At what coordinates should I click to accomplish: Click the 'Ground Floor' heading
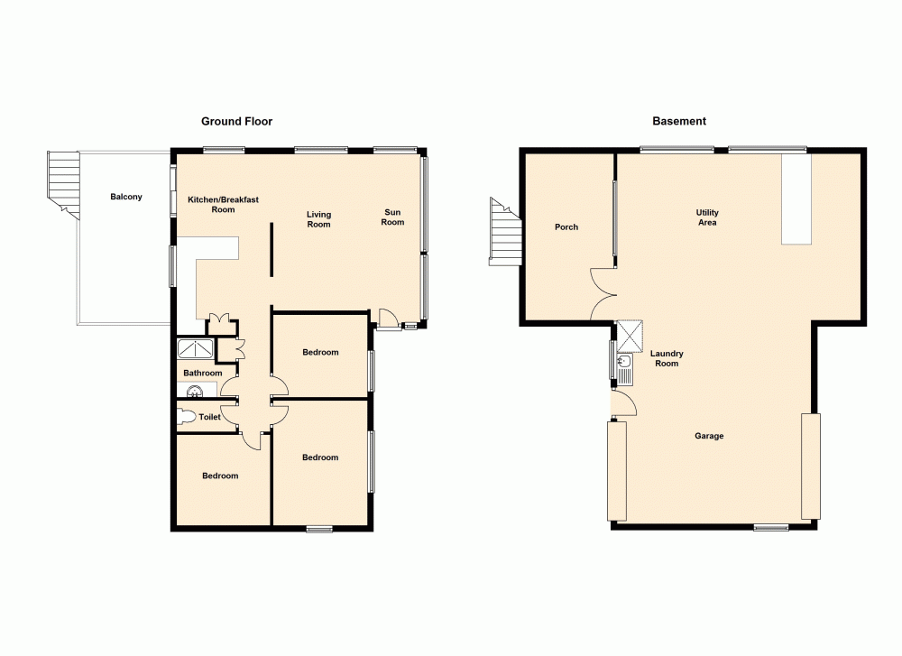coord(236,121)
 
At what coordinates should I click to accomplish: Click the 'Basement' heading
coord(680,121)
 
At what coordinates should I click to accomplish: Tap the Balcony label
coord(126,197)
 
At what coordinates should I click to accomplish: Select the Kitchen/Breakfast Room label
coord(223,204)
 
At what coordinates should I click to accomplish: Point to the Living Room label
coord(318,219)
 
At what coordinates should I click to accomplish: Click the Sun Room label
coord(392,217)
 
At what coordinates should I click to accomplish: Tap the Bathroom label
coord(202,373)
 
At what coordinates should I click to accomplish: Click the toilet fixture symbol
coord(187,417)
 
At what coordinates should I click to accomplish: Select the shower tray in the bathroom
coord(196,349)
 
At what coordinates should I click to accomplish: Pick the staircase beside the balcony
coord(64,180)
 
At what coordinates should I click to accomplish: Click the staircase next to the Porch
coord(505,232)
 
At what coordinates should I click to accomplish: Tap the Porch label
coord(566,227)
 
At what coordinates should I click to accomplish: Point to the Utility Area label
coord(707,217)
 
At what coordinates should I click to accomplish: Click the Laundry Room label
coord(668,358)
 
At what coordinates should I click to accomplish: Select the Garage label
coord(709,436)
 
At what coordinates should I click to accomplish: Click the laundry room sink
coord(625,364)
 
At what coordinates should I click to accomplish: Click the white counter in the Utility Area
coord(796,199)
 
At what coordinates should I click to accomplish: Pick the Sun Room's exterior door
coord(388,318)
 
